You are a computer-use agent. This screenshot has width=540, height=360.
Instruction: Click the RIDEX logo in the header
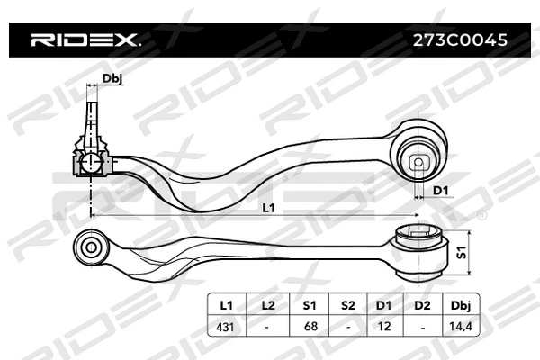click(x=85, y=40)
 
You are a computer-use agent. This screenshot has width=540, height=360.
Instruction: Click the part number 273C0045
click(x=459, y=40)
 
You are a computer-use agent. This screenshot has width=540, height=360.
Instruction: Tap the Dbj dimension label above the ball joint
click(x=112, y=79)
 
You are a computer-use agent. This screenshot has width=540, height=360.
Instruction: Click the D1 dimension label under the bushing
click(x=441, y=190)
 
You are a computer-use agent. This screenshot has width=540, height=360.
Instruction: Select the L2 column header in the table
click(x=267, y=304)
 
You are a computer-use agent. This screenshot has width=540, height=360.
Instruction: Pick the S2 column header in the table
click(x=349, y=304)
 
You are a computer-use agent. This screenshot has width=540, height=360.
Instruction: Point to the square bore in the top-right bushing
click(x=418, y=163)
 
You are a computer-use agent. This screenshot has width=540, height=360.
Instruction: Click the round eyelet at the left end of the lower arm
click(x=91, y=245)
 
